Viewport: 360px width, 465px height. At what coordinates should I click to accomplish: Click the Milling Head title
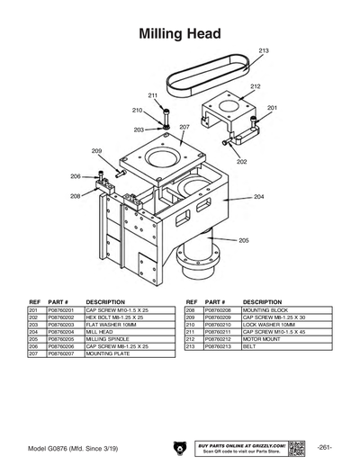point(180,33)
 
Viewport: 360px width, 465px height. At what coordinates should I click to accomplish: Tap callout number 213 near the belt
point(263,51)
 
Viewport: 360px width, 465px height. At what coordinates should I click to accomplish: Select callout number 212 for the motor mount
point(256,86)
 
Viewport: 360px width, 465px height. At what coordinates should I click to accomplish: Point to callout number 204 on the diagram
point(258,196)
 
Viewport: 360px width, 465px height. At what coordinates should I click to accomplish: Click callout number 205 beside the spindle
point(243,240)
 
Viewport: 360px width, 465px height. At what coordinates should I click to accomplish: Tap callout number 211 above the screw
point(153,95)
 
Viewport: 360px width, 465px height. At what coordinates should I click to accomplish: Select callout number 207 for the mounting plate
point(184,128)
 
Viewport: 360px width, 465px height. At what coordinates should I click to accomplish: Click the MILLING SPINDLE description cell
point(107,338)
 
